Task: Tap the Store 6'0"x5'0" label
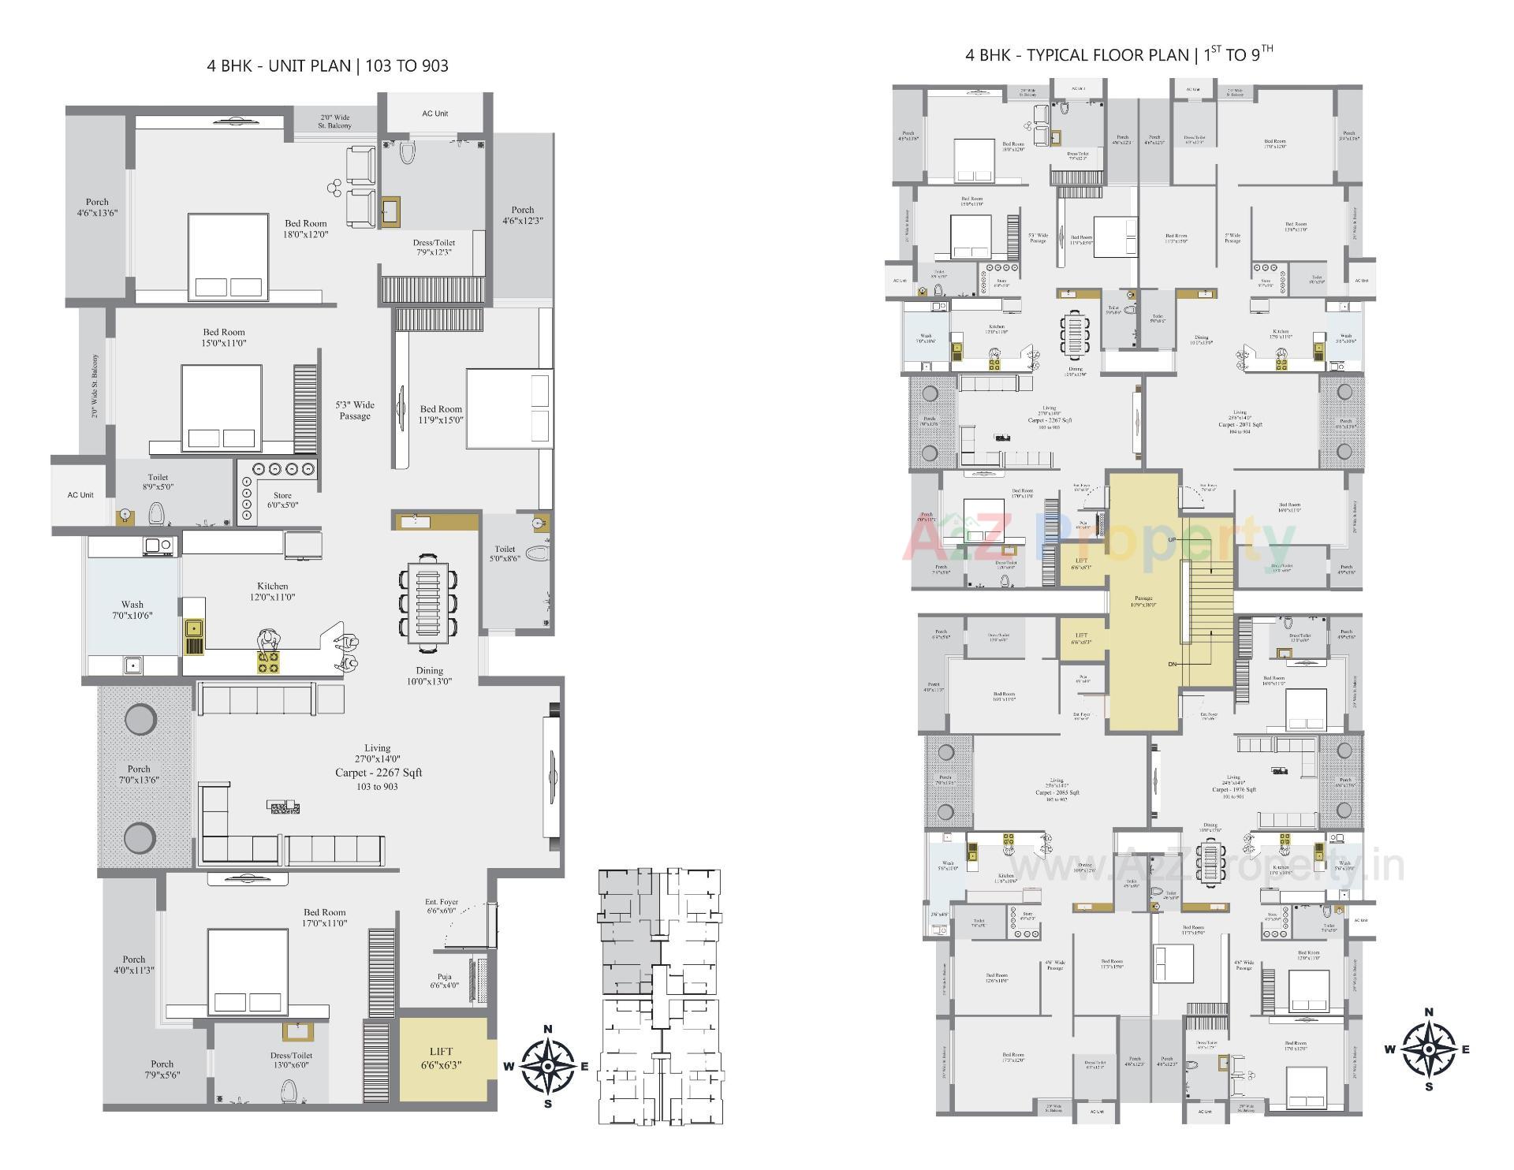tap(282, 501)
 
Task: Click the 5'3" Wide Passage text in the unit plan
tap(355, 410)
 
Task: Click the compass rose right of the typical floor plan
tap(1429, 1049)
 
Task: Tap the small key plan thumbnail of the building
tap(660, 997)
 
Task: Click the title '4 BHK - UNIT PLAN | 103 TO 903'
tap(327, 65)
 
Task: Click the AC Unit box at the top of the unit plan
tap(434, 114)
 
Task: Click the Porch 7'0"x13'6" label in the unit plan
tap(139, 774)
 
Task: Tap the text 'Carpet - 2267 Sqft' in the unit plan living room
tap(378, 773)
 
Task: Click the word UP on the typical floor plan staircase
tap(1172, 539)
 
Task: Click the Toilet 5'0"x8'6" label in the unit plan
tap(505, 553)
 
